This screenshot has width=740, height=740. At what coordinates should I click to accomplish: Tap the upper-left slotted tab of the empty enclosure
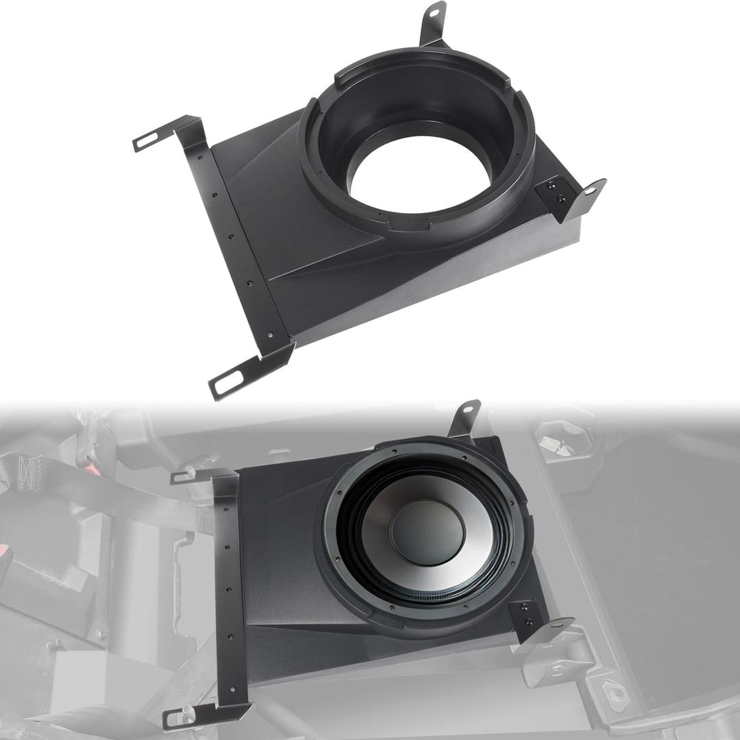pos(147,141)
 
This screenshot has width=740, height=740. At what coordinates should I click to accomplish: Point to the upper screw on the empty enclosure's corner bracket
pos(552,185)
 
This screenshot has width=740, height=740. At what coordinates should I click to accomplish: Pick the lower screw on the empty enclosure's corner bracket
pos(562,198)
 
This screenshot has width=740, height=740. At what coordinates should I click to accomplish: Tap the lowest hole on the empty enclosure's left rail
pos(270,335)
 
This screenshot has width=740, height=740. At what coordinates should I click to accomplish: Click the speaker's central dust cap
pos(426,532)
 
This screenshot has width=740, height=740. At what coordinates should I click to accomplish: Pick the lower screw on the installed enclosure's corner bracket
pos(529,622)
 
